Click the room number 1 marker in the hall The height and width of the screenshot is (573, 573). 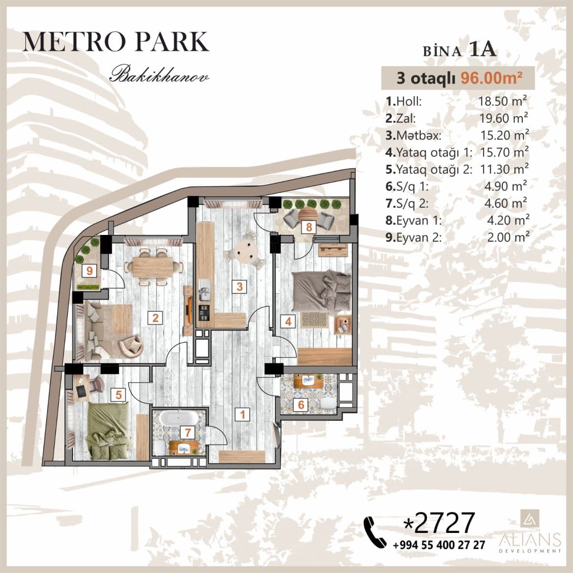243,414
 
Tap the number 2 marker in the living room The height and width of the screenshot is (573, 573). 155,318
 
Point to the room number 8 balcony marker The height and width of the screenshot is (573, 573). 309,227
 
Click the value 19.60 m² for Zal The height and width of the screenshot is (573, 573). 504,118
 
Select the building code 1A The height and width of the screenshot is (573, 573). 483,50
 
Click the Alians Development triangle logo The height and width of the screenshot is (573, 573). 529,522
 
